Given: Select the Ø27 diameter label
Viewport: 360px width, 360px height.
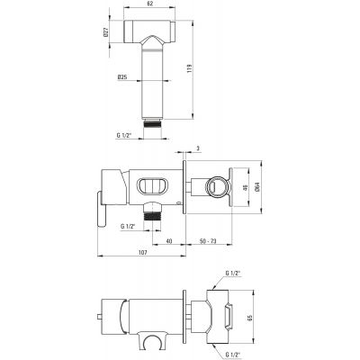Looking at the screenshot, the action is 105,31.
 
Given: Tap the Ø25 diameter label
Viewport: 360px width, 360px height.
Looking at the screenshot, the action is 122,77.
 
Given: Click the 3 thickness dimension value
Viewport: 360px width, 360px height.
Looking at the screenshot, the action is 198,148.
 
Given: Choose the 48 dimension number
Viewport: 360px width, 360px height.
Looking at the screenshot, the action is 245,188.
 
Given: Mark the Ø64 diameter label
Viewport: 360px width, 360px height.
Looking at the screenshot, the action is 257,187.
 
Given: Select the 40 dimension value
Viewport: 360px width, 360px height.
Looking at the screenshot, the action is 169,240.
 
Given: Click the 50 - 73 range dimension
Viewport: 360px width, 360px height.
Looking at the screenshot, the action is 208,240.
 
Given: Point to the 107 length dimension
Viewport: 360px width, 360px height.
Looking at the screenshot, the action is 143,253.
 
